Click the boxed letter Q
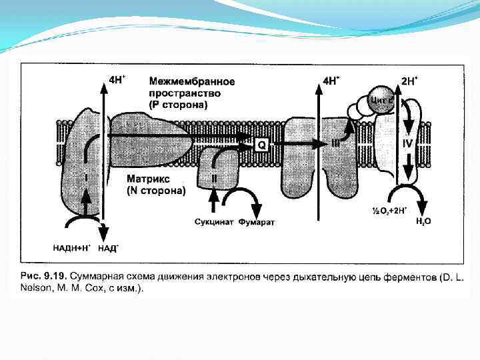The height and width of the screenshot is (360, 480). pos(261,144)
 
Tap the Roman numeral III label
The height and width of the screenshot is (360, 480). pos(337,143)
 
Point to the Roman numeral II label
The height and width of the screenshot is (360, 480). pos(214,179)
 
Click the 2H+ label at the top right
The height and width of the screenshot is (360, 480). pos(410,81)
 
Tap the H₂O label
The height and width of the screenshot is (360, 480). pos(423,221)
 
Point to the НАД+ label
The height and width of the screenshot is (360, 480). pos(108,248)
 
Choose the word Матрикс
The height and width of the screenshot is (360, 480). pos(149,179)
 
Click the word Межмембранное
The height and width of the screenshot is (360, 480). pos(191,81)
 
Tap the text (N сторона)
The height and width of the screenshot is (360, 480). pos(156,191)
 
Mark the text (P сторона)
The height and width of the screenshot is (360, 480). pos(178,105)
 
